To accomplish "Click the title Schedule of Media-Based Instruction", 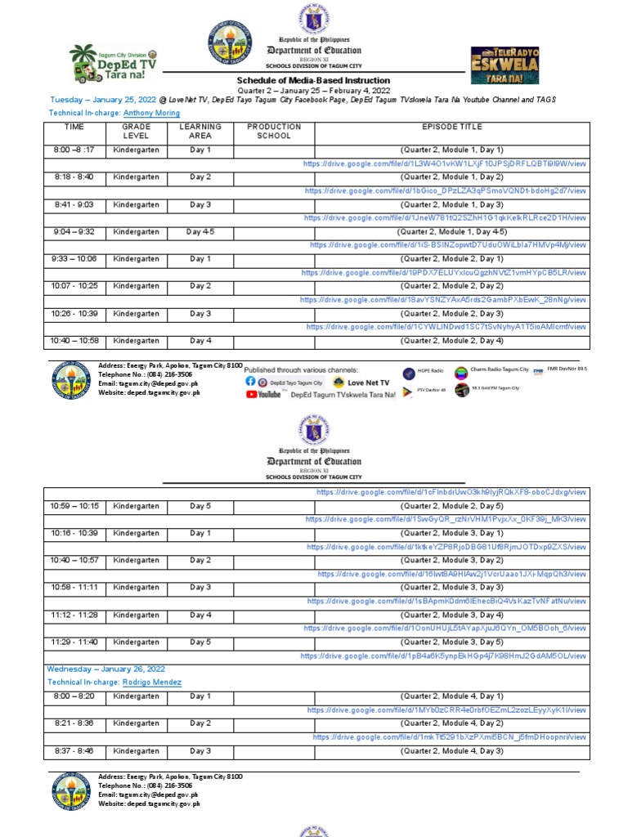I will coord(313,81).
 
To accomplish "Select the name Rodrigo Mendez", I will coord(152,682).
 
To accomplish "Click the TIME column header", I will coord(74,128).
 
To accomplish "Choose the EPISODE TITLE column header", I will coord(451,128).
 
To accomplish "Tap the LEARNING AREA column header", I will coord(200,132).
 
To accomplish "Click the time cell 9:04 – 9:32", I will coord(74,232).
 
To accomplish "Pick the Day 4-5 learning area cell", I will coord(200,232).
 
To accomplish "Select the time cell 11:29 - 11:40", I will coord(74,642).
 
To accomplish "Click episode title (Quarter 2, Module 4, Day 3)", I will coord(451,751).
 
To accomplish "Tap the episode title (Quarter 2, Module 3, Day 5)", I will coord(451,642).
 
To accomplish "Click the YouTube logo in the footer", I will coord(263,394).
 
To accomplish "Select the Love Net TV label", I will coord(368,382).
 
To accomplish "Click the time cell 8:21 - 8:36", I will coord(74,723).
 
